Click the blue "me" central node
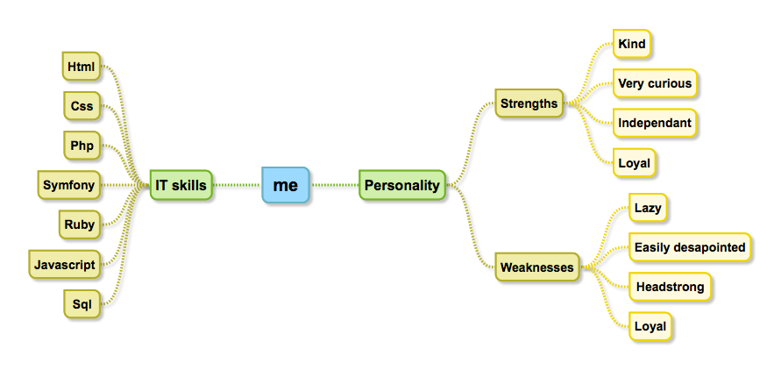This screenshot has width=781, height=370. [x=286, y=185]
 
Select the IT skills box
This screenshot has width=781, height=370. [x=181, y=185]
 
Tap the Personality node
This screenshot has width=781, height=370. [x=402, y=185]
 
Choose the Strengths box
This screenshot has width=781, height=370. [x=529, y=103]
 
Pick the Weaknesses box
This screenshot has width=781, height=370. [x=536, y=267]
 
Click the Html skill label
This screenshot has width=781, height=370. [x=82, y=66]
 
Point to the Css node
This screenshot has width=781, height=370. [x=82, y=106]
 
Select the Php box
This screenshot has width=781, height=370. [x=82, y=146]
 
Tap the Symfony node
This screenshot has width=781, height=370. [x=69, y=185]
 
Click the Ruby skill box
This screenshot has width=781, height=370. [x=79, y=224]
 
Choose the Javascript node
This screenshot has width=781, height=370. [x=64, y=264]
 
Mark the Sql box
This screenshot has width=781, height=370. [x=82, y=304]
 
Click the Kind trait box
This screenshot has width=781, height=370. [x=632, y=43]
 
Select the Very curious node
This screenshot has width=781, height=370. [x=655, y=83]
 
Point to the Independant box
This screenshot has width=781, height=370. [x=655, y=123]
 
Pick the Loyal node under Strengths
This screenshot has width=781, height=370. [x=634, y=162]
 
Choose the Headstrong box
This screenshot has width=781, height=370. [x=670, y=287]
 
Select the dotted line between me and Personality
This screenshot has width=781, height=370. [x=334, y=185]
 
